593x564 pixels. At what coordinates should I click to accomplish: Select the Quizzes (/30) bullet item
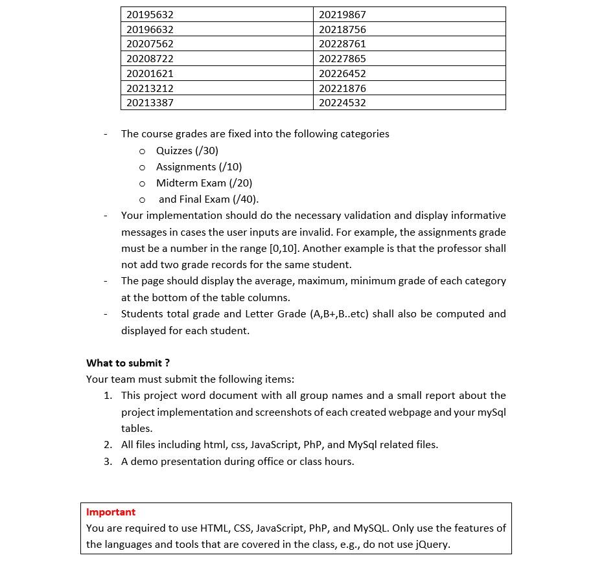[187, 150]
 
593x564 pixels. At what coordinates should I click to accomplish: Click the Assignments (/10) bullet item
[199, 166]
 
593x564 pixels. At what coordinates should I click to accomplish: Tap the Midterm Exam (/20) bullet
[204, 183]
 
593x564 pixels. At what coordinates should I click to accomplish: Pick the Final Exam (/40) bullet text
[208, 199]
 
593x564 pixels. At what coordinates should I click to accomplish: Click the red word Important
[111, 512]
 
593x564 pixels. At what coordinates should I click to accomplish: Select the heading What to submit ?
[128, 363]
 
